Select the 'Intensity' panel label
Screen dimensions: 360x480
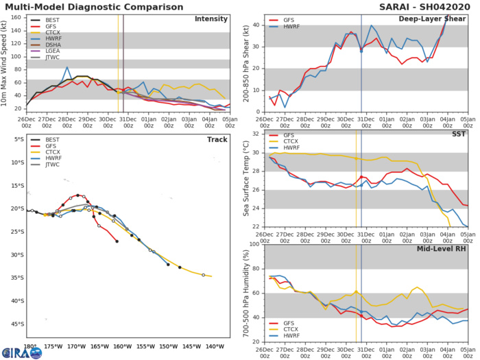[211, 19]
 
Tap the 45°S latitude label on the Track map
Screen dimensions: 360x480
[16, 324]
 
